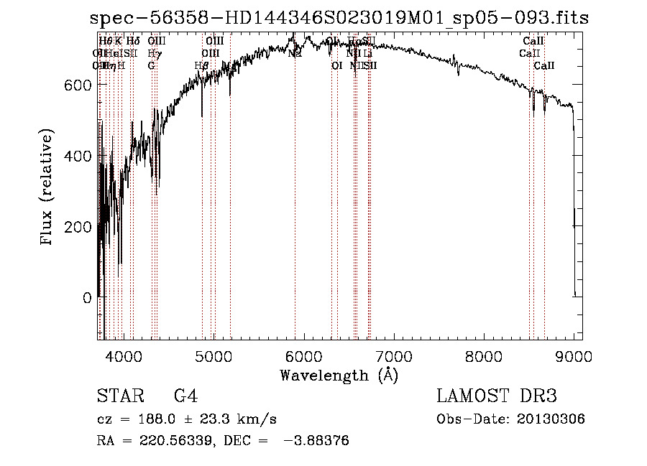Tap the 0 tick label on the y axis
point(86,297)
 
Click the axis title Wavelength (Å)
point(339,375)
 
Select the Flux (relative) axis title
point(48,188)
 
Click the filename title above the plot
point(339,19)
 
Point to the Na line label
point(294,53)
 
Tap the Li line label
point(367,53)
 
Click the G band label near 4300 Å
point(152,65)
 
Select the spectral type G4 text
point(185,396)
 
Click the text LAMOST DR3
point(497,396)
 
